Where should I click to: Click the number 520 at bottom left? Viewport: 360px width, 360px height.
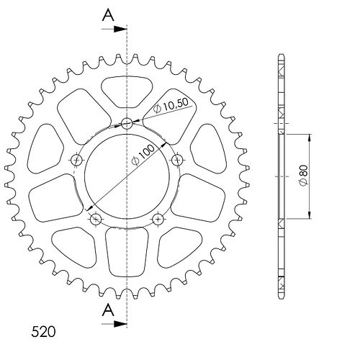click(43, 332)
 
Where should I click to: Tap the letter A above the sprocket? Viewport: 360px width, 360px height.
click(108, 16)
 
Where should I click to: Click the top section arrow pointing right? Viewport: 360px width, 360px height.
click(114, 29)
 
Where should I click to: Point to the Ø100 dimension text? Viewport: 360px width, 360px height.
click(144, 155)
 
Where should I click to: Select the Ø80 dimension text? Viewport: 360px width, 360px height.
click(304, 176)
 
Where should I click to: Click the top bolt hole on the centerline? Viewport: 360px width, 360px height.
click(127, 124)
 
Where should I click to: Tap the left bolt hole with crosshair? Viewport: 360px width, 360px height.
click(77, 159)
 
